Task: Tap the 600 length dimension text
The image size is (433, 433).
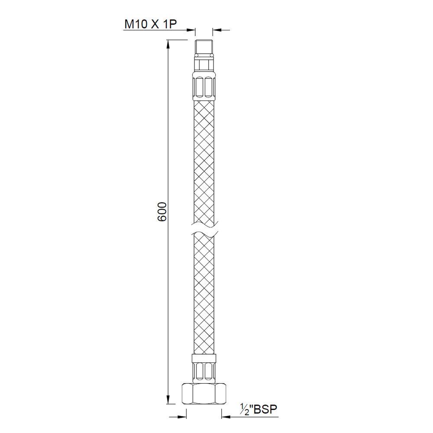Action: point(162,211)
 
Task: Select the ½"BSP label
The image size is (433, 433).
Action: point(259,410)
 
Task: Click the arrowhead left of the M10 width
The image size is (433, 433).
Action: point(191,30)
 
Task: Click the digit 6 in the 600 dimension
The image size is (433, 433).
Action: point(162,217)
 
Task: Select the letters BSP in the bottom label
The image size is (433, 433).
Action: point(265,410)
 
